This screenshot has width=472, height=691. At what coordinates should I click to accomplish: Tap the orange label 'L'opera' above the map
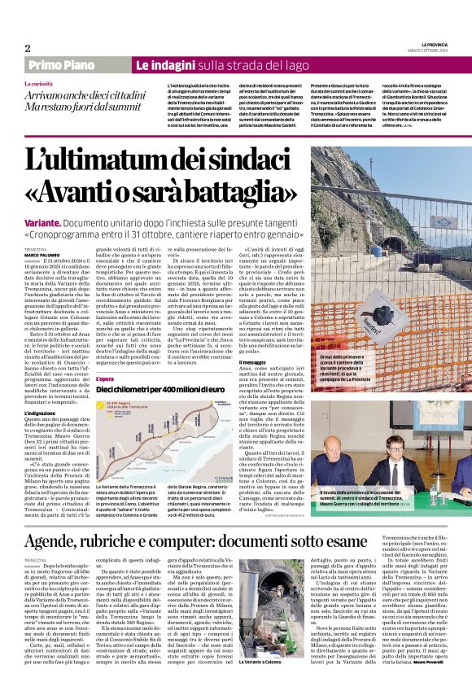[x=105, y=379]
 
